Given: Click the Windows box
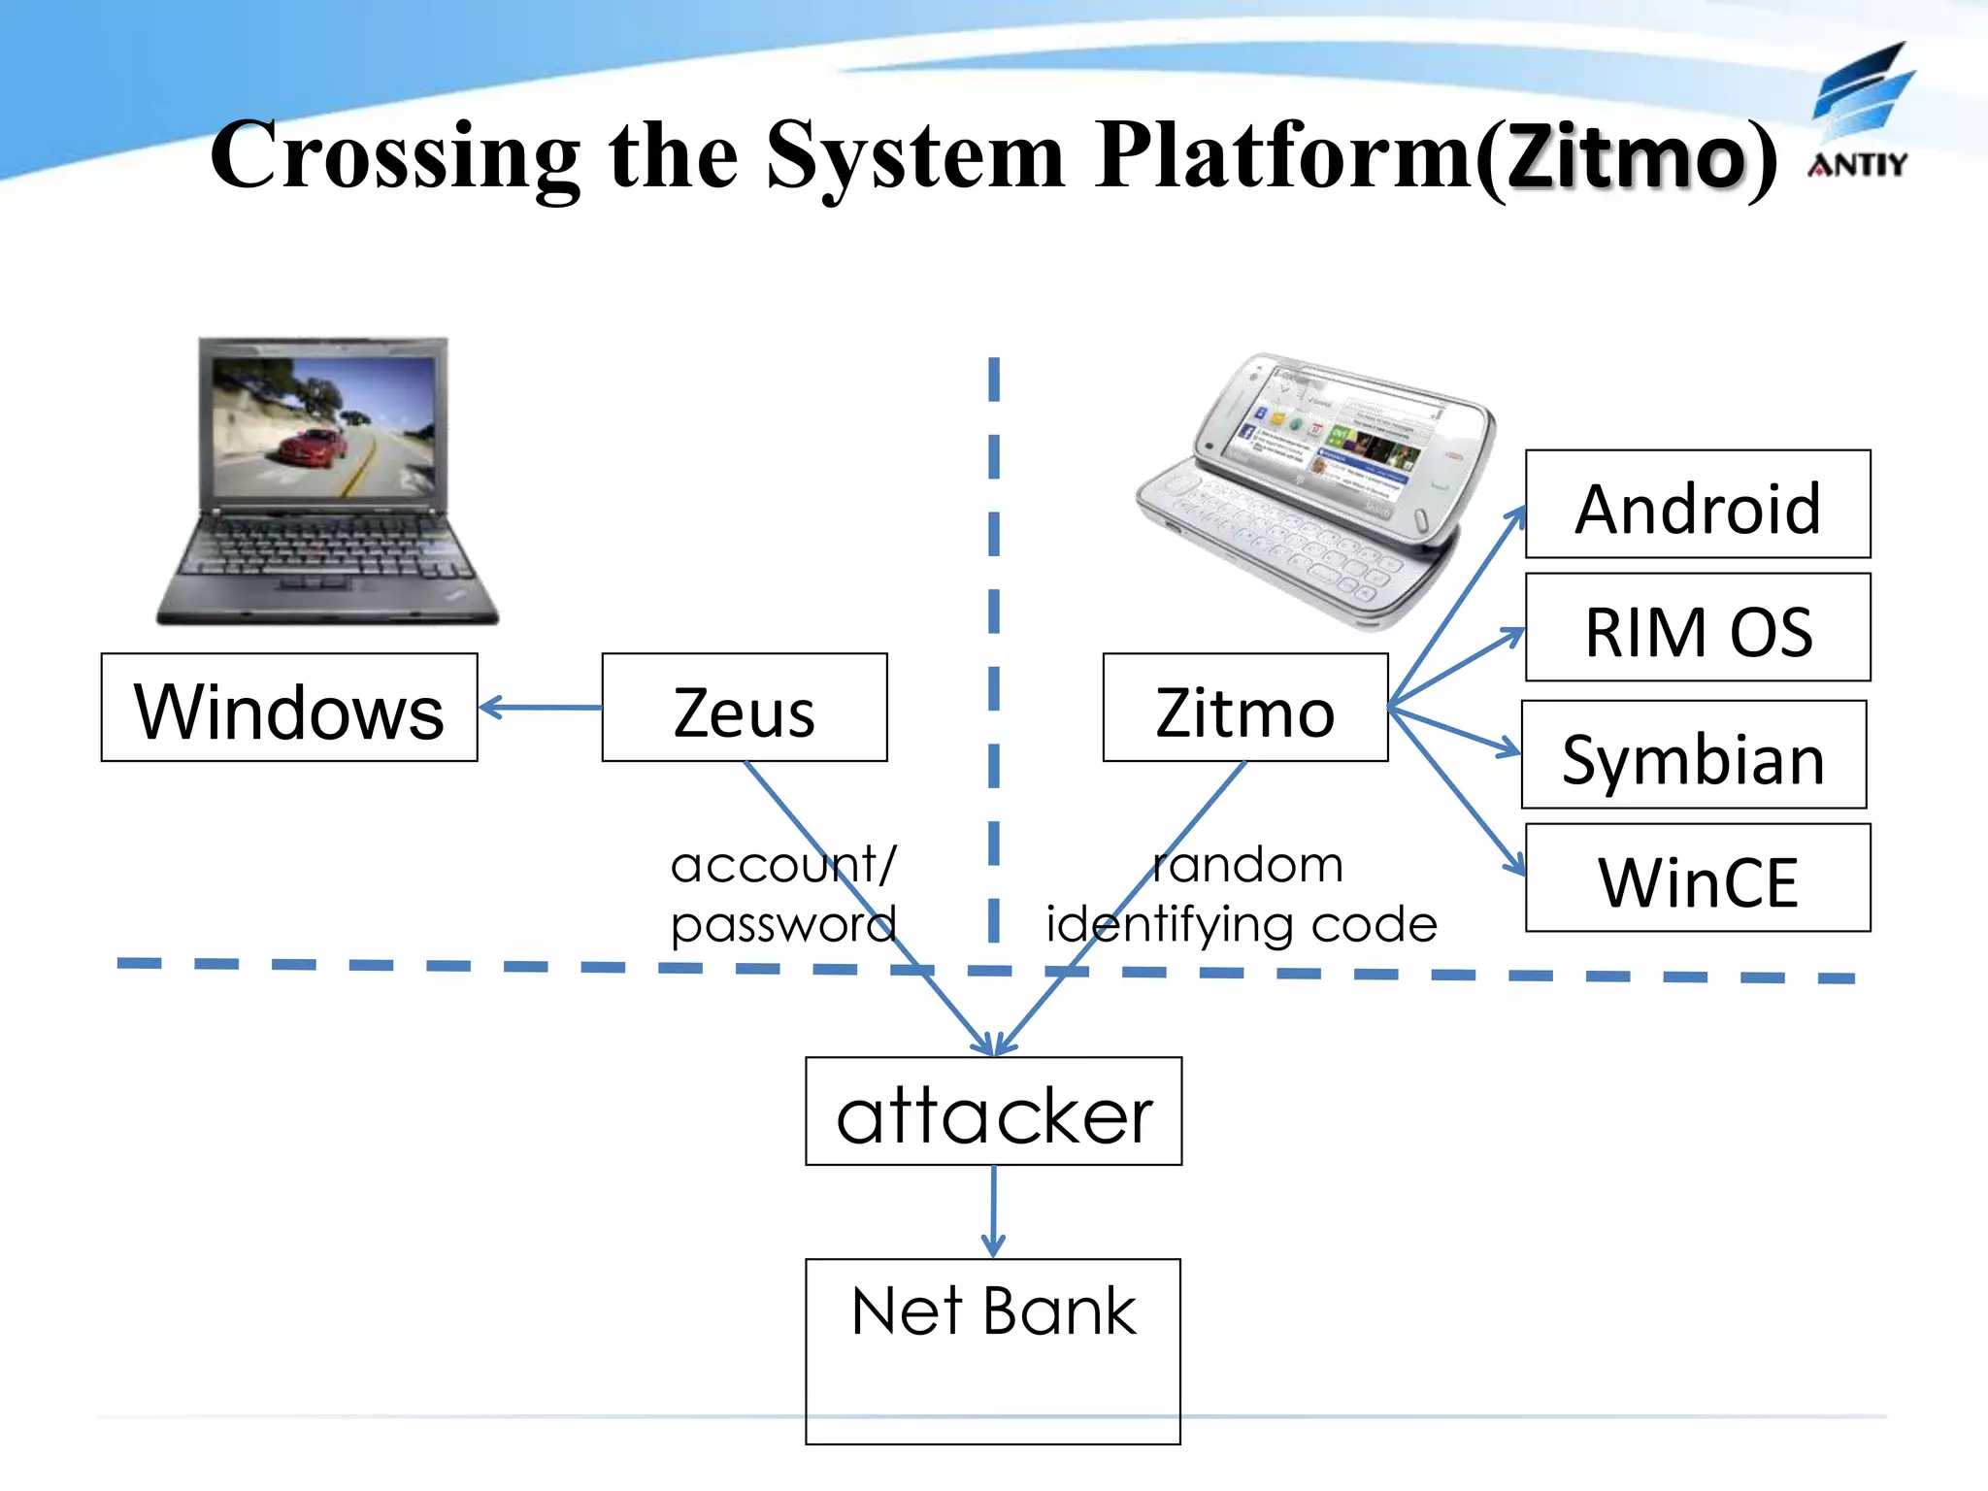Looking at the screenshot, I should (289, 708).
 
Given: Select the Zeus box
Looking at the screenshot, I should (745, 708).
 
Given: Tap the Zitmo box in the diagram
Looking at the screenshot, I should (1245, 708).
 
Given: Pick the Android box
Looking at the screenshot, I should (1698, 505).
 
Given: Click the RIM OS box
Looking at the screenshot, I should (1698, 628).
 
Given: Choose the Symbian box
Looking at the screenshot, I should (1694, 755).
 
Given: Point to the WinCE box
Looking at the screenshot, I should (1698, 878).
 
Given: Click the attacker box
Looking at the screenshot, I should (994, 1111).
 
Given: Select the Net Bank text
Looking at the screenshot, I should (993, 1311).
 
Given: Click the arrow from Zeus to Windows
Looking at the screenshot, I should (540, 708).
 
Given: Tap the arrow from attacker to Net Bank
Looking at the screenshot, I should (993, 1211).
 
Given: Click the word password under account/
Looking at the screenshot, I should (782, 924).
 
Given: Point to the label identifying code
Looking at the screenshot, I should (1242, 924).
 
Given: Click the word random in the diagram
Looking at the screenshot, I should (1248, 865).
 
